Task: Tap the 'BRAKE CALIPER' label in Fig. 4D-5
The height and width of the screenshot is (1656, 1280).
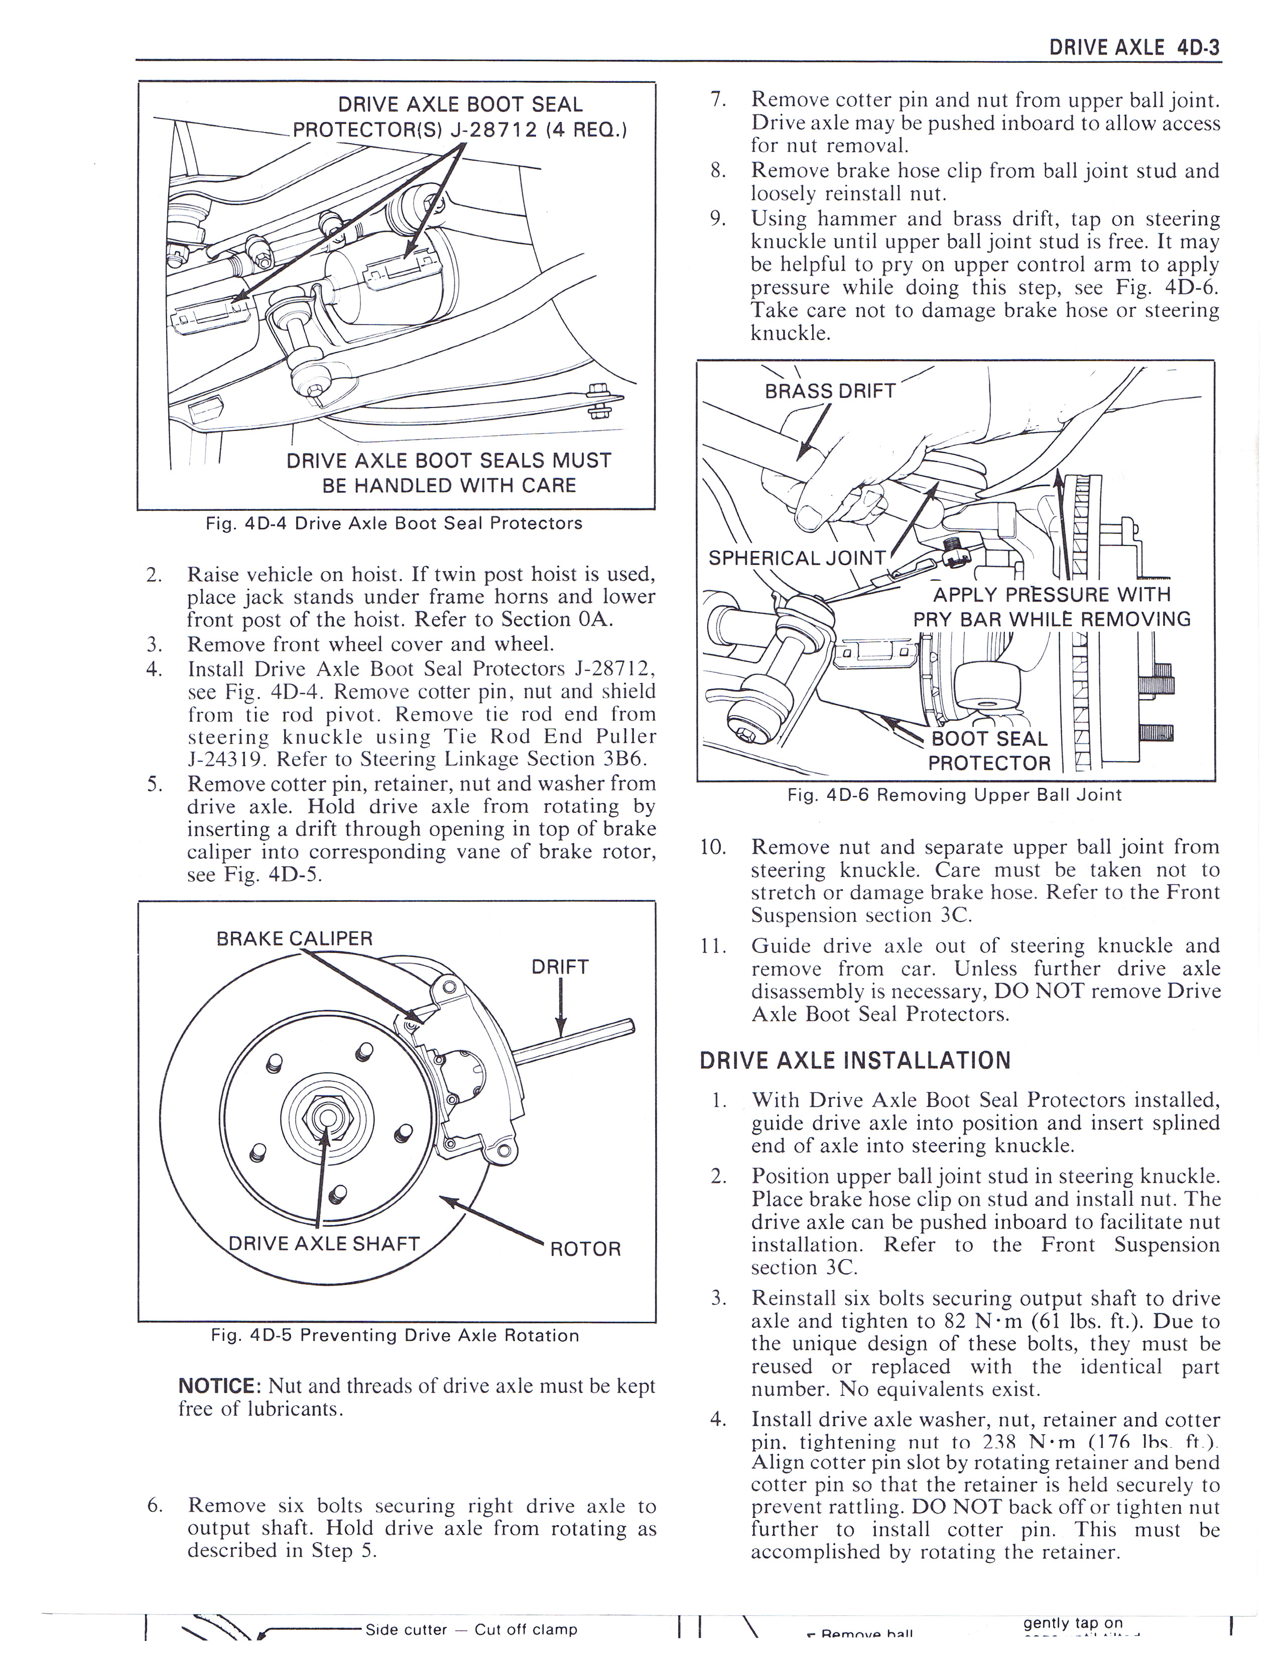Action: (294, 939)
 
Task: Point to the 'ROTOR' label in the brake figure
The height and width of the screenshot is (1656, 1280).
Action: (585, 1249)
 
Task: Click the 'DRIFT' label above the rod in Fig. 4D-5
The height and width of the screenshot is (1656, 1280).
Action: (560, 967)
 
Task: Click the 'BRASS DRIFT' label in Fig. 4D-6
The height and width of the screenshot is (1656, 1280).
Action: (830, 391)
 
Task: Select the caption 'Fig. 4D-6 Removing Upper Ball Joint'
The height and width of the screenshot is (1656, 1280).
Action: (955, 795)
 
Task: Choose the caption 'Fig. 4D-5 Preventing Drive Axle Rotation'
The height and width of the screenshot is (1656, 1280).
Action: (395, 1335)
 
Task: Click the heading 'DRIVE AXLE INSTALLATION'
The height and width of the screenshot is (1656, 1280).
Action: (855, 1060)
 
